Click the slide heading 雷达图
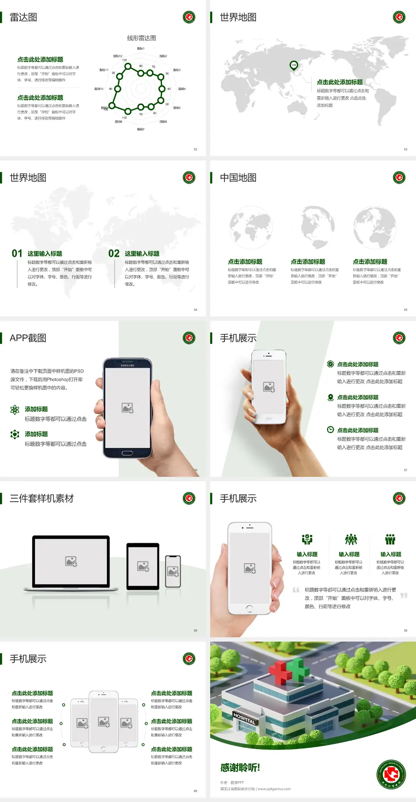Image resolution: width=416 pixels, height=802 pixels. point(23,17)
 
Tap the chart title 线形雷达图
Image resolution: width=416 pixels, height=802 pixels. point(141,38)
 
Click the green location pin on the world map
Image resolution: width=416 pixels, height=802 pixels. point(294,65)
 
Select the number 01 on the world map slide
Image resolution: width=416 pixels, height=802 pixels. point(17,254)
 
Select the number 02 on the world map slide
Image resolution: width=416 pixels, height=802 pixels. point(114,254)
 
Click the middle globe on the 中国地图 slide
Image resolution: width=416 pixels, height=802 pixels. point(318,227)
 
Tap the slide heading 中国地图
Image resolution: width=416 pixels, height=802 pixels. point(238,178)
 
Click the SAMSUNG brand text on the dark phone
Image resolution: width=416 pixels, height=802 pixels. point(127,365)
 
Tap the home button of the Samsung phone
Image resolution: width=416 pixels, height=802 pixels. point(127,453)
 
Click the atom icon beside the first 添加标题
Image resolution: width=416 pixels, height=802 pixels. point(15,410)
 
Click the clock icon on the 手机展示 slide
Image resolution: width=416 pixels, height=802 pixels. point(330,430)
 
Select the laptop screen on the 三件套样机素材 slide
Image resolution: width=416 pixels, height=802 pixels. point(71,561)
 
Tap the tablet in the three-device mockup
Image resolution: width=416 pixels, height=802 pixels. point(143,566)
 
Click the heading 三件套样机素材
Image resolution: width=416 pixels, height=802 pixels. point(42,499)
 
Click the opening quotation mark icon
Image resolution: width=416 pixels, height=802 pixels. point(296,590)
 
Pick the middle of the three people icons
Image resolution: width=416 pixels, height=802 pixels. point(351,539)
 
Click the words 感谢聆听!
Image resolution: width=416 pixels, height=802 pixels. point(240,768)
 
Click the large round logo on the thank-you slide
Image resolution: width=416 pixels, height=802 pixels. point(391,774)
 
